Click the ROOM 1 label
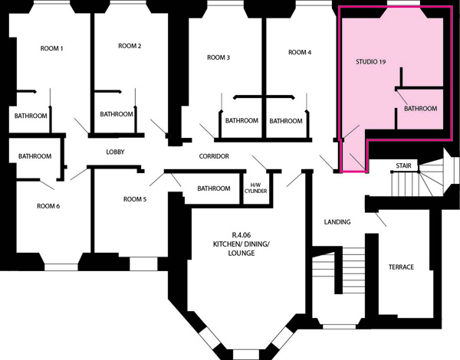pos(51,48)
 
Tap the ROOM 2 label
pos(130,46)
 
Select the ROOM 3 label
pos(219,57)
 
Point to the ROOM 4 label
pos(300,53)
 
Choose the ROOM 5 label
pos(135,199)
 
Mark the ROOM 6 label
pos(48,206)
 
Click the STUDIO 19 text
pos(370,62)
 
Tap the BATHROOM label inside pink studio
pos(420,109)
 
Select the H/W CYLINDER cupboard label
pos(255,188)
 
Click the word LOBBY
pos(115,152)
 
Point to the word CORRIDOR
pos(214,156)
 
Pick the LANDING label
pos(337,222)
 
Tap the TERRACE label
pos(401,267)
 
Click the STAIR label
pos(403,165)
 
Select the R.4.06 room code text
pos(242,235)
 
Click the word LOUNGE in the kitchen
pos(242,253)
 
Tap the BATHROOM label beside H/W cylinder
pos(214,188)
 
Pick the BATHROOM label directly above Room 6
pos(35,156)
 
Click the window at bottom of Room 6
pos(61,267)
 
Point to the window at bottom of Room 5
pos(144,263)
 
